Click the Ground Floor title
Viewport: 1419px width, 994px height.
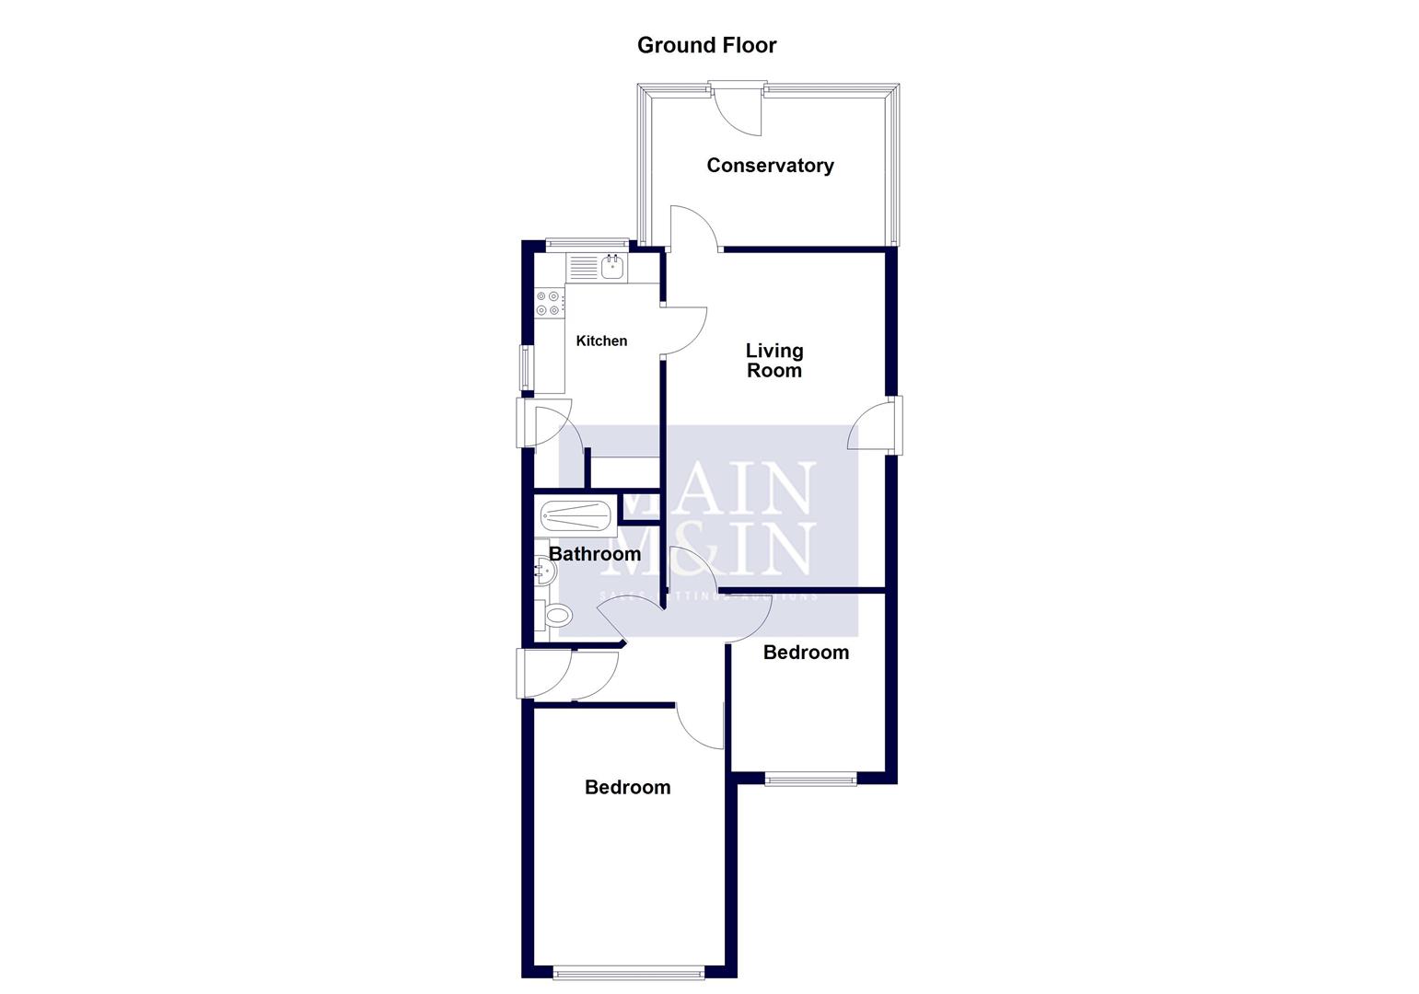point(706,45)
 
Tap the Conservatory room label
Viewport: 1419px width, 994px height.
point(770,166)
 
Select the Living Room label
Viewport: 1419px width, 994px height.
point(773,361)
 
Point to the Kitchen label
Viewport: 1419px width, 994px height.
point(601,341)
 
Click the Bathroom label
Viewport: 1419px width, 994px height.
point(595,554)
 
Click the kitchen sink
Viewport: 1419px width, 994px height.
point(612,268)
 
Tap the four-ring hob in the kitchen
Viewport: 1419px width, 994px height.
point(550,304)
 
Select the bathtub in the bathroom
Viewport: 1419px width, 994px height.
point(576,516)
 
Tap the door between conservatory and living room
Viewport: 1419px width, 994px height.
point(692,230)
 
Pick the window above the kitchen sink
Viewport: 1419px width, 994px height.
point(587,245)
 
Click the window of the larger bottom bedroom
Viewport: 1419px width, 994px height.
point(630,970)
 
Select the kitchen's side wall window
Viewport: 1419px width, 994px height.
point(527,366)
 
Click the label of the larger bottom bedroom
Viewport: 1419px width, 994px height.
point(627,788)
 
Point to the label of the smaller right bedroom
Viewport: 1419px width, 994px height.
point(806,653)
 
